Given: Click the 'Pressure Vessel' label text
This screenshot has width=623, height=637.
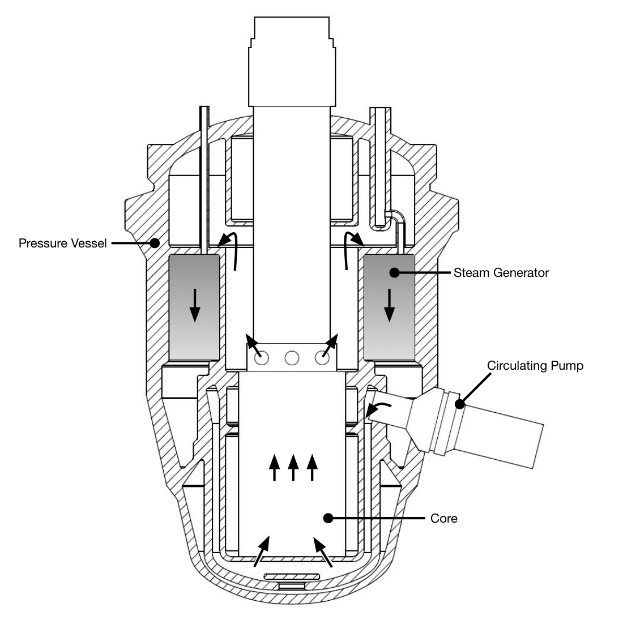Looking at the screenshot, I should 62,243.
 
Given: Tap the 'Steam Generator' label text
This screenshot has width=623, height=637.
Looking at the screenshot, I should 501,273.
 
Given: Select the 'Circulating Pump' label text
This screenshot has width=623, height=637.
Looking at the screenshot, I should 535,366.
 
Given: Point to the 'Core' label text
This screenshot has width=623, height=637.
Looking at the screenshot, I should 444,518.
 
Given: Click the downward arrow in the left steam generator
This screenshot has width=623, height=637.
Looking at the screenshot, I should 195,305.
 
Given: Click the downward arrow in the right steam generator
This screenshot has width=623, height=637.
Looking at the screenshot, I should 389,305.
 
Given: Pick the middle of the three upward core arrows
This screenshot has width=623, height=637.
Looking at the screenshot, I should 293,467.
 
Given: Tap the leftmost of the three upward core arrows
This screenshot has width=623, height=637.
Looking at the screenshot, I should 274,467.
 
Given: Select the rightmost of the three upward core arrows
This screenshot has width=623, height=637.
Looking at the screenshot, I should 312,467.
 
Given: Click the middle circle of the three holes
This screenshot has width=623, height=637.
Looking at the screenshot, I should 292,358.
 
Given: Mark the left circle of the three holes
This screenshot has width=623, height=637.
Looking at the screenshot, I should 262,358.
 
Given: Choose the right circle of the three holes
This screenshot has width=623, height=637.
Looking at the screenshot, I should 322,358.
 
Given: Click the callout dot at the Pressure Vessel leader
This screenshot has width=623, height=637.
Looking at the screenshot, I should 154,243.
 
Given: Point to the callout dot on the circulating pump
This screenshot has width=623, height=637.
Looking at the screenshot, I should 460,404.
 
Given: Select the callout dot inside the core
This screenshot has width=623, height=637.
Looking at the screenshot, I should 327,518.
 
